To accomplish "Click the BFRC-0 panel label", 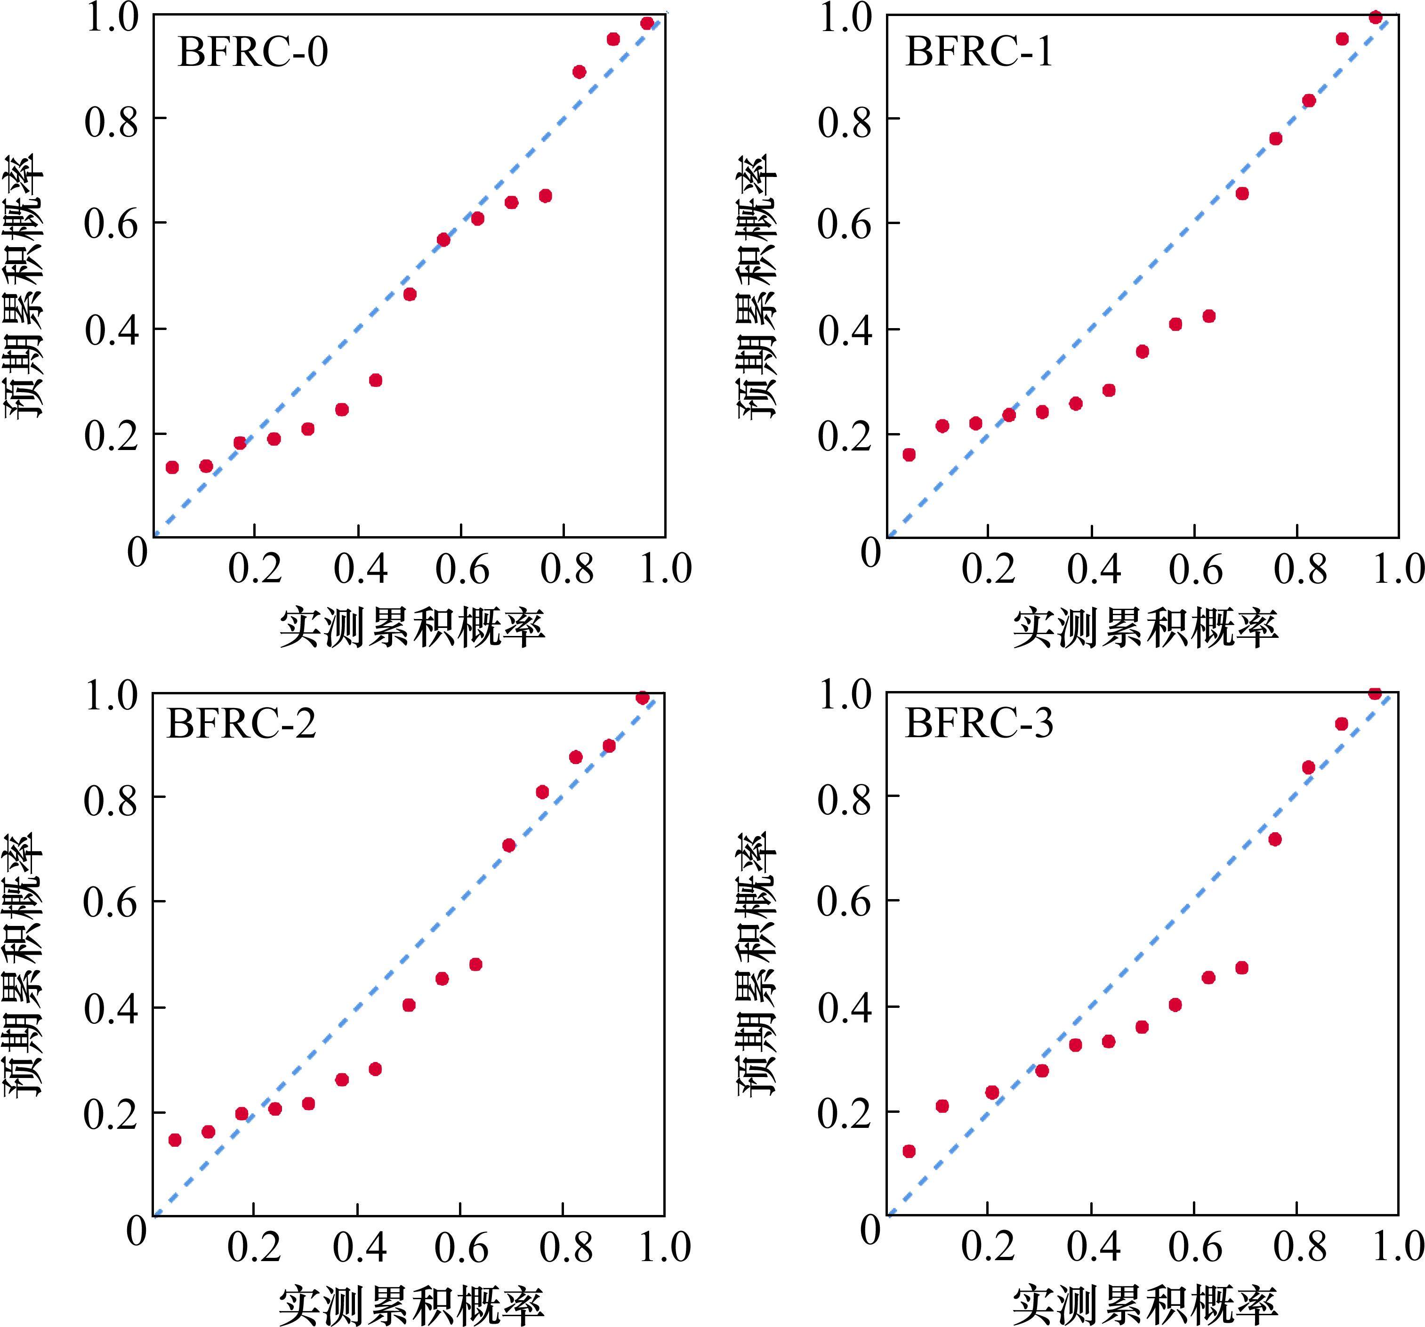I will point(252,52).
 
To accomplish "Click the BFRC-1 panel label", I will point(979,52).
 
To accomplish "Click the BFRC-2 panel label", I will point(241,724).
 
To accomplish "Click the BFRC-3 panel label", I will point(979,724).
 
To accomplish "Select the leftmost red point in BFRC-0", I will point(172,467).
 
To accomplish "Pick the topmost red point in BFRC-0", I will point(646,23).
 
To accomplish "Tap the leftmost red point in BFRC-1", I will point(909,455).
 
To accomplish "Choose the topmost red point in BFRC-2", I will point(642,698).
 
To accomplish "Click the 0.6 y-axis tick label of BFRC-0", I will point(111,224).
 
